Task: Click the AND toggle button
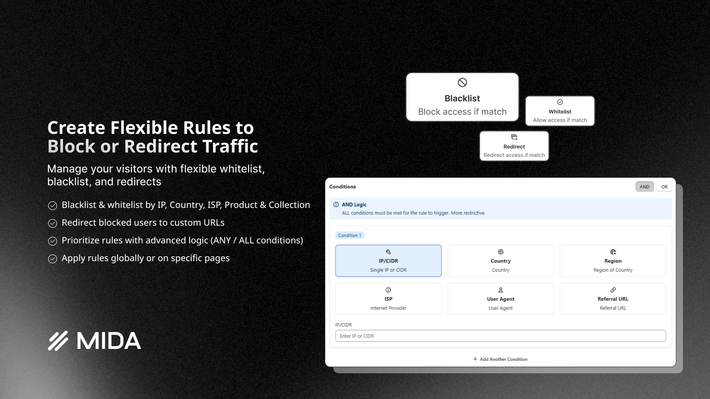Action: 644,187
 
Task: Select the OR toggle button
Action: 664,187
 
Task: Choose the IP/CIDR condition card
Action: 388,261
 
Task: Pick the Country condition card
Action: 501,261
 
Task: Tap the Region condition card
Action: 613,261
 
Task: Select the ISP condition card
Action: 388,299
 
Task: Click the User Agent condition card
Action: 501,299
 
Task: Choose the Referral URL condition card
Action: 613,299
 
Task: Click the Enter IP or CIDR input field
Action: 501,336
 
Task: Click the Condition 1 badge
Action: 350,235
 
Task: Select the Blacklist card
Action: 462,98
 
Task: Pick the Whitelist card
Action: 560,111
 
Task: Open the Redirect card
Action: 514,146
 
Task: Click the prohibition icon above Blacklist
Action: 462,82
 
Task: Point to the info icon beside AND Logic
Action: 336,204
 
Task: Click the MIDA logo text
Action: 108,341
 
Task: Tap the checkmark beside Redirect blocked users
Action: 52,223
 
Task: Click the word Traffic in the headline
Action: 230,146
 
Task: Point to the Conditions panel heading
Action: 343,187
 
